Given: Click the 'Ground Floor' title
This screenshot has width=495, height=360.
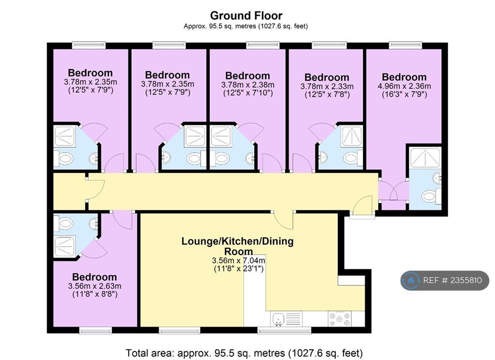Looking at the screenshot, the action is coord(246,15).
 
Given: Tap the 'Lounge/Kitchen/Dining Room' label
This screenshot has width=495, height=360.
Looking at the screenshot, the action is coord(237,246).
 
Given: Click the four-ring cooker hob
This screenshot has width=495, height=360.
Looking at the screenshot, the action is coord(339,318).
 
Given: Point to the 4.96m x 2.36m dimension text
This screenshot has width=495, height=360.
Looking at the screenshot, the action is coord(404,86).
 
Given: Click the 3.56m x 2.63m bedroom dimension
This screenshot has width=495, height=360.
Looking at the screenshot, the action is coord(94,286).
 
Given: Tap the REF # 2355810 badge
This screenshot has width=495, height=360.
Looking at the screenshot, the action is coord(445,280).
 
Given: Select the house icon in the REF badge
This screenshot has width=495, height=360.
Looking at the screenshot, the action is coord(411,280).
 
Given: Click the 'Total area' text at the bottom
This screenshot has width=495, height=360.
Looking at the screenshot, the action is coord(244,353).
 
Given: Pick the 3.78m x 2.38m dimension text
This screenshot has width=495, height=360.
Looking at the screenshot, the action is coord(247,85).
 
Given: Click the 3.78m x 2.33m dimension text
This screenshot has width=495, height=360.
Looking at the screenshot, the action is coord(327,86).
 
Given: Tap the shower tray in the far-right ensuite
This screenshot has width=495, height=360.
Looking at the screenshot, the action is coord(425,157).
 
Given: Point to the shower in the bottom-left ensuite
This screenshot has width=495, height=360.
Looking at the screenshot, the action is coord(65,246).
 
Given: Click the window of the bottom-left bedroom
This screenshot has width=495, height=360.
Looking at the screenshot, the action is coord(95,330).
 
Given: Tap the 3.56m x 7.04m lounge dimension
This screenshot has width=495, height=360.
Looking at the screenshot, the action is coord(238,261).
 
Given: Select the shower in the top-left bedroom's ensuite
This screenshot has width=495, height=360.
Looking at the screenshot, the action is coord(65,136).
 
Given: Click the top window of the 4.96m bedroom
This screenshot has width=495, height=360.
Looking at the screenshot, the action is coord(406,45).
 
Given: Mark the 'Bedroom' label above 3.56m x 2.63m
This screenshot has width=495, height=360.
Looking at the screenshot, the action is coord(94,277).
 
